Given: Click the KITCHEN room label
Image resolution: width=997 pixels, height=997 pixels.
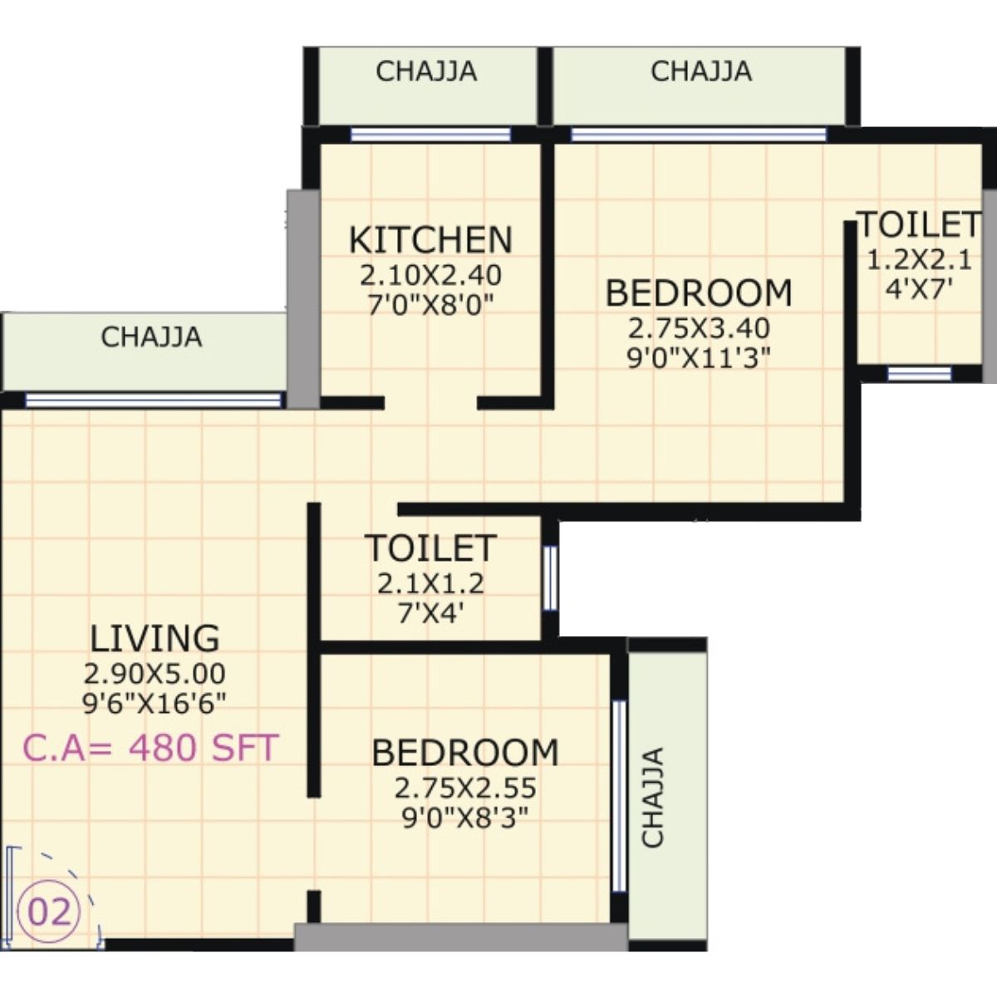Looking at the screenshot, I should (430, 239).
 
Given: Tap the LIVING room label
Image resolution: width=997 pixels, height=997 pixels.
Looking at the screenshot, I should (155, 638).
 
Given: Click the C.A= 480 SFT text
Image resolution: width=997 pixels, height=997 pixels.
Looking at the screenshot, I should (150, 748).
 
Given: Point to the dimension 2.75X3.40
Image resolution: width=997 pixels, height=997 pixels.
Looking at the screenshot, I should (699, 327).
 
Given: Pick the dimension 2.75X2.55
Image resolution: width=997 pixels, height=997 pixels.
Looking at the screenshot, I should (465, 787).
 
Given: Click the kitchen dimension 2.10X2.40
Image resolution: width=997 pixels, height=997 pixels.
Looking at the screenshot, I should (430, 274).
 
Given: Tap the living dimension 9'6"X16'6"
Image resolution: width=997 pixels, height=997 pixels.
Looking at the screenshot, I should (155, 704).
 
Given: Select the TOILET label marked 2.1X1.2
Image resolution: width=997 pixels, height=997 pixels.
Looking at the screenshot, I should (430, 548).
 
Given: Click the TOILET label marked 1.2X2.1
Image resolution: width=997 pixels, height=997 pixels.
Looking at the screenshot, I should (918, 224).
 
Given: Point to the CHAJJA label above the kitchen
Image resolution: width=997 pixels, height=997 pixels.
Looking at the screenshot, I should (426, 71).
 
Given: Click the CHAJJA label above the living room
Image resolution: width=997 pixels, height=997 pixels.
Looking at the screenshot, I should (151, 337).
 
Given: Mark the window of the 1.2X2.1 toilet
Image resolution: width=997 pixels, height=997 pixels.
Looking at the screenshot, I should (918, 374).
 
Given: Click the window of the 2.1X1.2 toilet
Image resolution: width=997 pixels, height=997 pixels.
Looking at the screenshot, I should (549, 577).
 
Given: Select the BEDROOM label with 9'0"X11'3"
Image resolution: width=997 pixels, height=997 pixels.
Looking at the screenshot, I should (699, 293).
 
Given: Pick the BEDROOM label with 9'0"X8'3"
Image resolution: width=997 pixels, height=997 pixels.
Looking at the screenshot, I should (465, 752).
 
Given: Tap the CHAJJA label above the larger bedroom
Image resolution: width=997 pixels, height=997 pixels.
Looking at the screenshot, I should (701, 71).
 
